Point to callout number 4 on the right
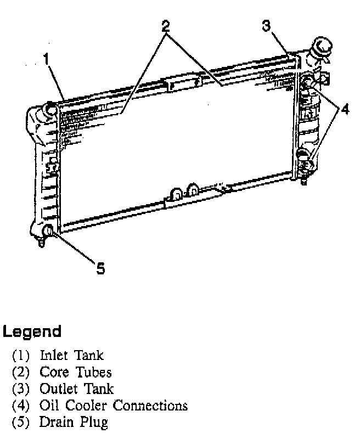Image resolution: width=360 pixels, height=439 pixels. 344,109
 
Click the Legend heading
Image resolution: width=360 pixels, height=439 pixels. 32,331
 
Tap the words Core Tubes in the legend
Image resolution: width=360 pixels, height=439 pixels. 75,372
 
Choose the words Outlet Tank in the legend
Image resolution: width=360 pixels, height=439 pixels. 76,389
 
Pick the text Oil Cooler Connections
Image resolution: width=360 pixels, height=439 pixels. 113,406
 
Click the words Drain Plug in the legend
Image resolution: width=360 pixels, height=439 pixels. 74,423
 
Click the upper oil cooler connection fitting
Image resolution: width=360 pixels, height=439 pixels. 306,83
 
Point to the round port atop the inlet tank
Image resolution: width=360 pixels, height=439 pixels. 50,109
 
